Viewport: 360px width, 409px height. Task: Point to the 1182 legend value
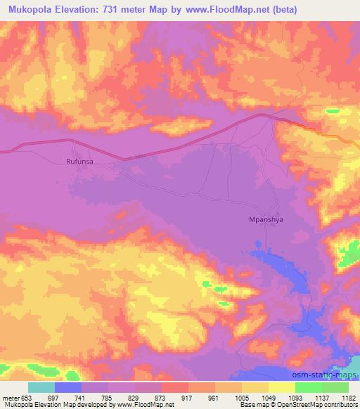(x=348, y=397)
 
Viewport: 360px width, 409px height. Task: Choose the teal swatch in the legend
(x=41, y=387)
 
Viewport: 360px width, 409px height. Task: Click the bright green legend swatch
(x=309, y=387)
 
